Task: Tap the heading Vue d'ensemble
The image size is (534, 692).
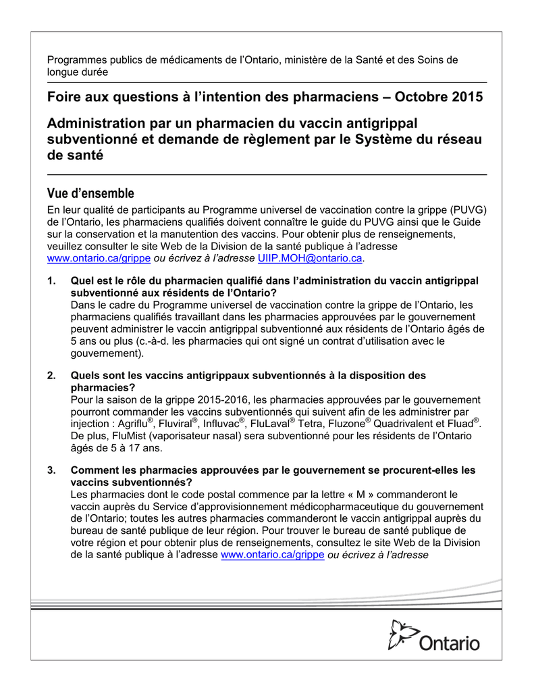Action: click(90, 193)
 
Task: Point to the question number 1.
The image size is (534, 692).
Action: click(51, 280)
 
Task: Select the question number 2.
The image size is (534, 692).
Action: click(51, 375)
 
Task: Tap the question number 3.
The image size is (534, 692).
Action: click(51, 470)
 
